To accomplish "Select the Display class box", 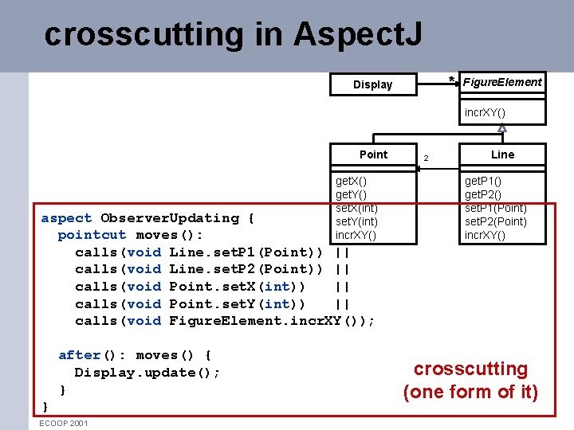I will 373,84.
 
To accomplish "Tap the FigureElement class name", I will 502,82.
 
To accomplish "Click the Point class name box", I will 373,154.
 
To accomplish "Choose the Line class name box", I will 502,154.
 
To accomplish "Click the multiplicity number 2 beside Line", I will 426,158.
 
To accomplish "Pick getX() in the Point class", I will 351,182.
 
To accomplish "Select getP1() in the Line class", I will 483,182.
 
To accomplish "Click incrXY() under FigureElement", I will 485,112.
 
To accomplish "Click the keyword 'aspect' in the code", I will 66,218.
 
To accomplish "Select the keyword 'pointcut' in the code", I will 92,236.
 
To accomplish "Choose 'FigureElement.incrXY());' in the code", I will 272,321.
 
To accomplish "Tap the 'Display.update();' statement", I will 147,373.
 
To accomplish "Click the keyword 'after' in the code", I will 79,355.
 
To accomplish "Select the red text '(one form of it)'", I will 470,392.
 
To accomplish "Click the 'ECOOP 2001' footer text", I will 64,423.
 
